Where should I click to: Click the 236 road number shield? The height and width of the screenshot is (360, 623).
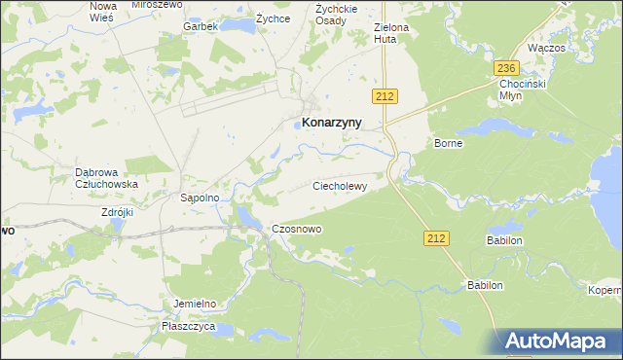coord(504,68)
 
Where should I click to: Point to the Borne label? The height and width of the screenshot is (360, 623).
coord(449,143)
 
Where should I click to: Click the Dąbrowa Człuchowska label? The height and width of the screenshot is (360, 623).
coord(106,178)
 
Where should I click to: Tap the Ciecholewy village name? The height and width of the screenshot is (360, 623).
coord(340,185)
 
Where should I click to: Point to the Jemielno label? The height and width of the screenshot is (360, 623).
coord(193,304)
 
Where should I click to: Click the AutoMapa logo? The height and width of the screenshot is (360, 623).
coord(563,342)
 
